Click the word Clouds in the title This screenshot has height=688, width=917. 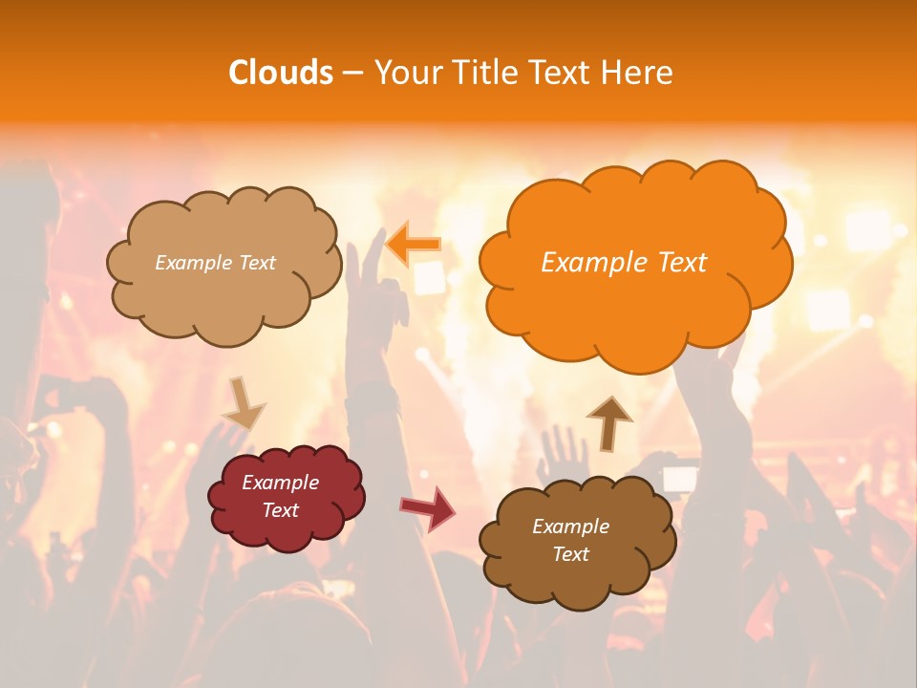pos(281,73)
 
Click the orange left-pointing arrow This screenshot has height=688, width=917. pos(413,244)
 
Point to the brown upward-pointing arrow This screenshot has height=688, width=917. pos(609,422)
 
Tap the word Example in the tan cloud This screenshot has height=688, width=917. pos(191,263)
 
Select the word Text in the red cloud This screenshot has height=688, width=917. pos(281,510)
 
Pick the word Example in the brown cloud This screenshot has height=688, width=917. pos(570,527)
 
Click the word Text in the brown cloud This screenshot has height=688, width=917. pos(570,554)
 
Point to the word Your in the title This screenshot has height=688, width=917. pos(402,73)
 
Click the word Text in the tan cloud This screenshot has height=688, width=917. pos(256,263)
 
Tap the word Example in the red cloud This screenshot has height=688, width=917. pos(281,483)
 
